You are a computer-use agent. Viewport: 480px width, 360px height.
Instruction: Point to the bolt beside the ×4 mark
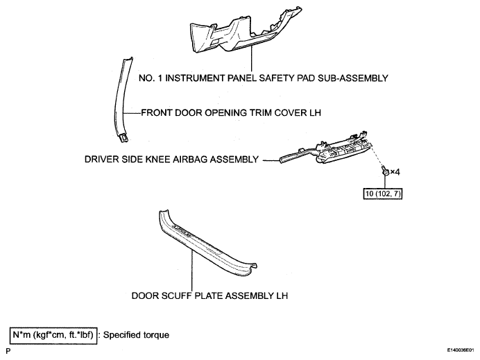385,171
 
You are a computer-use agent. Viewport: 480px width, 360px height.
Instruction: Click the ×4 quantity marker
395,172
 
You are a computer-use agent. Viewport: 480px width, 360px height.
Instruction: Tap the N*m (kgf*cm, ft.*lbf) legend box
53,335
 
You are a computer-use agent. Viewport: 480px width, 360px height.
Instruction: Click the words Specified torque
136,335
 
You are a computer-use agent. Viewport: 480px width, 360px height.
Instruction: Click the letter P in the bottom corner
8,351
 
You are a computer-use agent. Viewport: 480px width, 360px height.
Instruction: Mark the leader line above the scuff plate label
192,270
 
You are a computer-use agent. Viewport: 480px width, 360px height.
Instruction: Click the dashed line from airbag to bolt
377,157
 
